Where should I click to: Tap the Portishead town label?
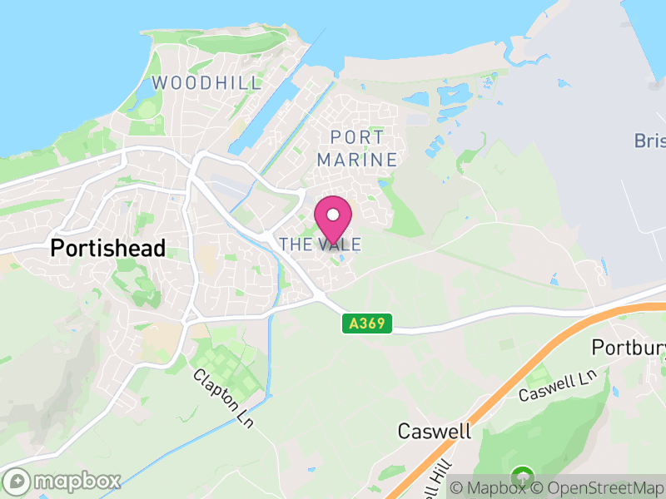click(108, 248)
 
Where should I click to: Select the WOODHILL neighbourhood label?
click(206, 83)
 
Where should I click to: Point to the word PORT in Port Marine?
click(357, 137)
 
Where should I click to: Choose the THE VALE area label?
click(321, 245)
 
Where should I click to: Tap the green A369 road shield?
click(366, 324)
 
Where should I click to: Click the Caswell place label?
click(434, 431)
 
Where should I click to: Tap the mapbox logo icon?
click(18, 481)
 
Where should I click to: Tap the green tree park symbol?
click(523, 477)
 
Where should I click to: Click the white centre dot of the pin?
click(333, 215)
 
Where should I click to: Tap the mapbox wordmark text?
click(77, 482)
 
